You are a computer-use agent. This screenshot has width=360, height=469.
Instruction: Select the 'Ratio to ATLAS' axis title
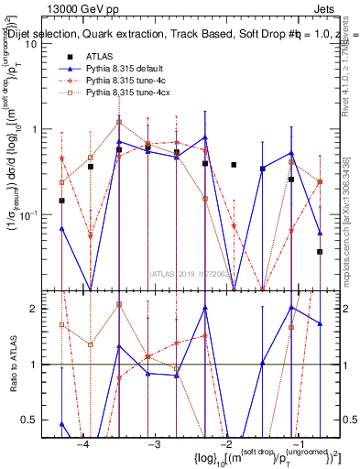(12, 365)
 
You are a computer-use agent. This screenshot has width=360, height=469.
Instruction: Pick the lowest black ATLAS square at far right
(320, 251)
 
